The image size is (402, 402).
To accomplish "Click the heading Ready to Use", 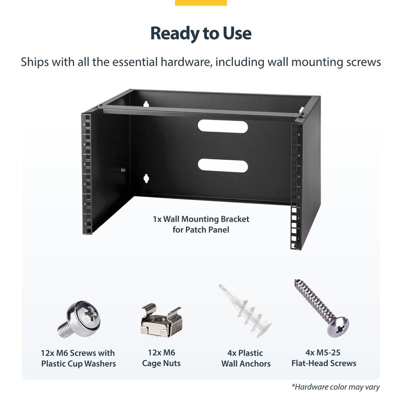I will tap(201, 33).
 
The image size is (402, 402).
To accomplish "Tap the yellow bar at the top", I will tap(201, 3).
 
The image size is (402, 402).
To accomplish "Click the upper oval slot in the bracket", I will tap(223, 126).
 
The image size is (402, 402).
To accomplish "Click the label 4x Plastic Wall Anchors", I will tap(246, 358).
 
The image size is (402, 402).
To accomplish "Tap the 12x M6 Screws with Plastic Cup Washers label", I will tap(78, 358).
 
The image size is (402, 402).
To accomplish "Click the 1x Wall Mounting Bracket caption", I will tap(201, 224).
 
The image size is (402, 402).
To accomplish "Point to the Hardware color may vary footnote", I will tap(335, 387).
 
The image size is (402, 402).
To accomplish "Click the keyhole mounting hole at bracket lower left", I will tap(146, 178).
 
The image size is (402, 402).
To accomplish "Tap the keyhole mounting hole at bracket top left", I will tap(146, 104).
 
